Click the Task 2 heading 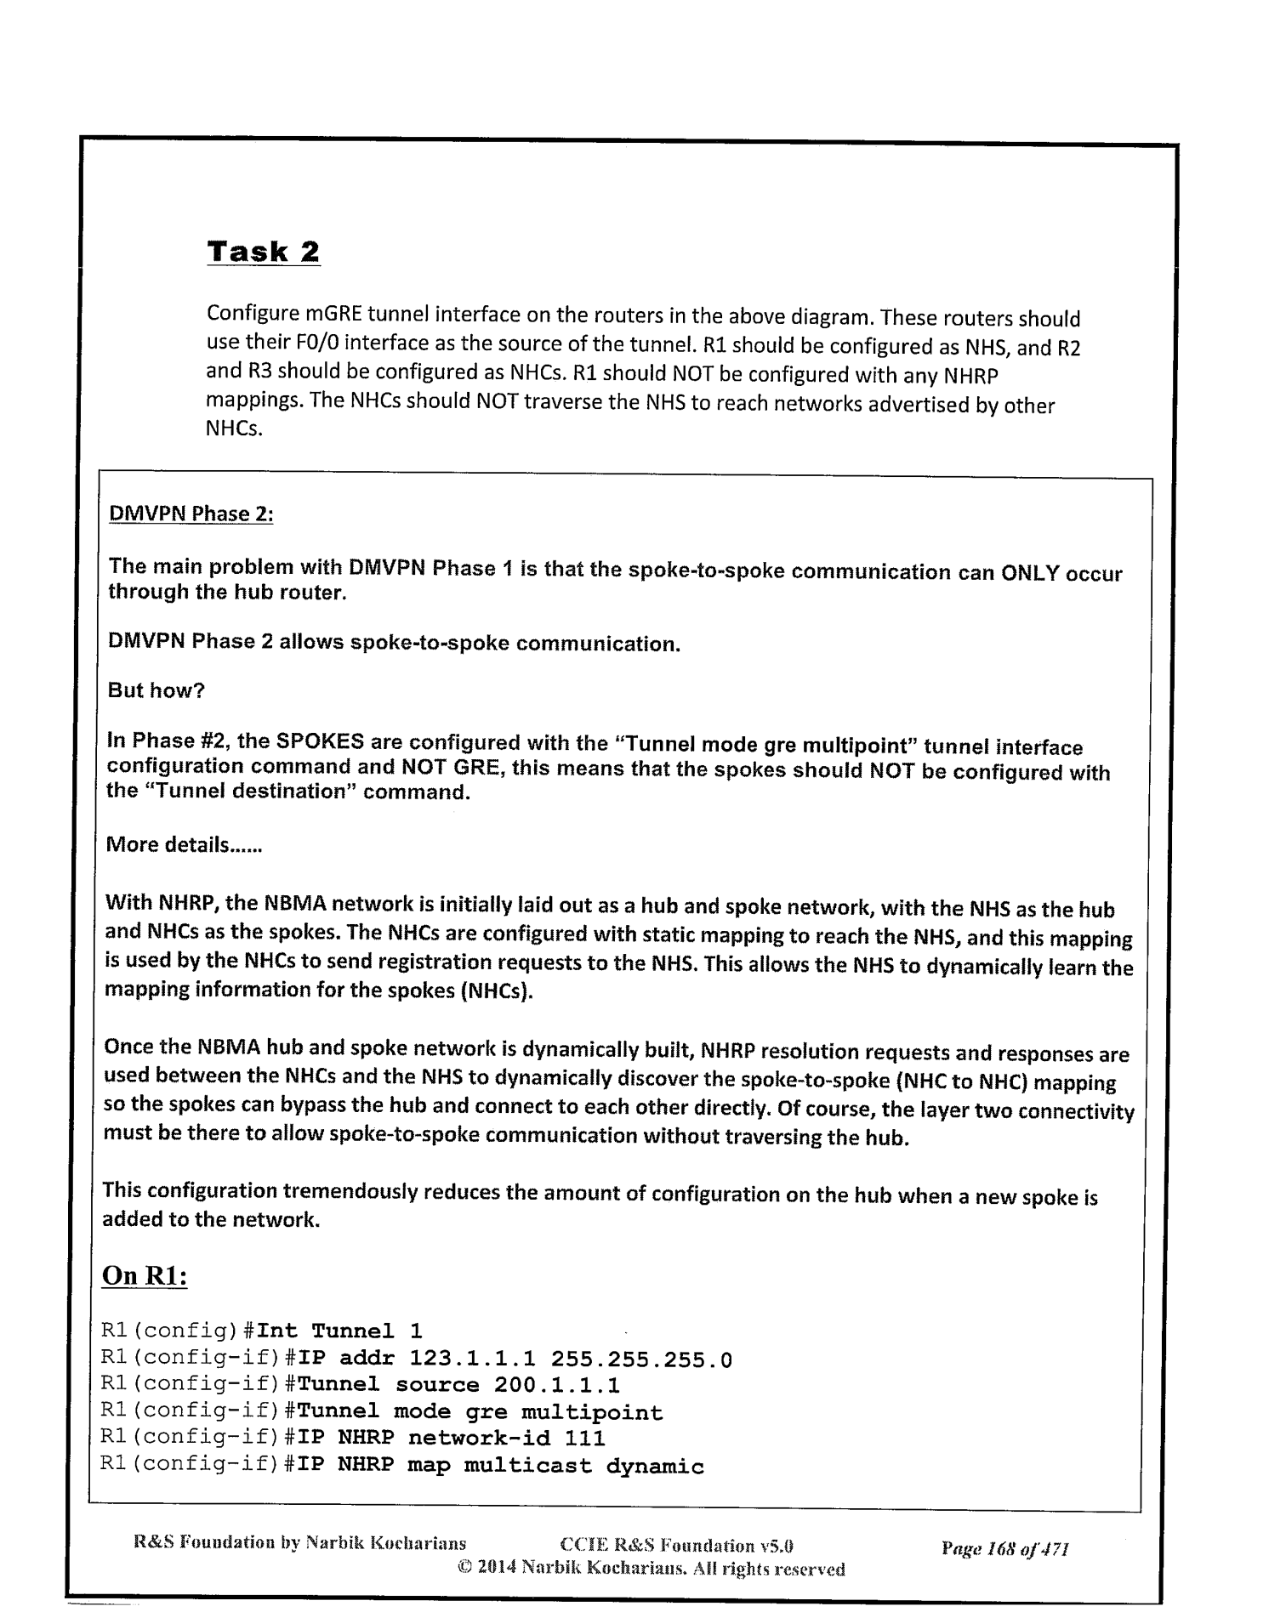tap(264, 253)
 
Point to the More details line tap(184, 845)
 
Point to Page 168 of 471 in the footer tap(1004, 1547)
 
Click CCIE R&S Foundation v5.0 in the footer tap(677, 1546)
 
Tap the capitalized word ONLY tap(1030, 572)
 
